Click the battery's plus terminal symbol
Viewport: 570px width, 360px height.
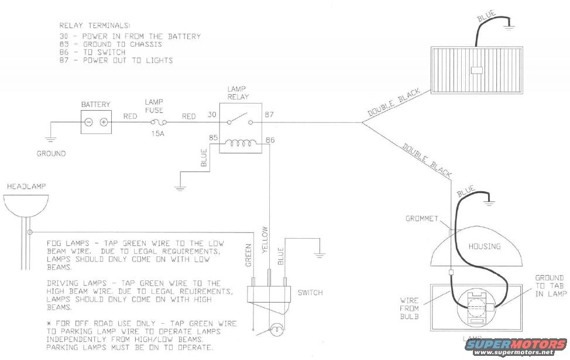[x=104, y=122]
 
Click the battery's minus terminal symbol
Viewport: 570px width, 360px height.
[x=89, y=122]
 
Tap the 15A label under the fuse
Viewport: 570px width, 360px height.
[x=158, y=134]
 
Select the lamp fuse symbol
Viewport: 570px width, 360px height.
[x=159, y=122]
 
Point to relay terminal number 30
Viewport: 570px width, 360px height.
[x=212, y=115]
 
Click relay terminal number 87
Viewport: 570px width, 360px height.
[x=269, y=115]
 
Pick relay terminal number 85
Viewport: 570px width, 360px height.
[x=214, y=138]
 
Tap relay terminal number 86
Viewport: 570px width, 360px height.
[x=270, y=140]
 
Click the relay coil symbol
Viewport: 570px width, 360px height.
[x=238, y=143]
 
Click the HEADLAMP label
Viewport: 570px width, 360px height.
[x=26, y=187]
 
